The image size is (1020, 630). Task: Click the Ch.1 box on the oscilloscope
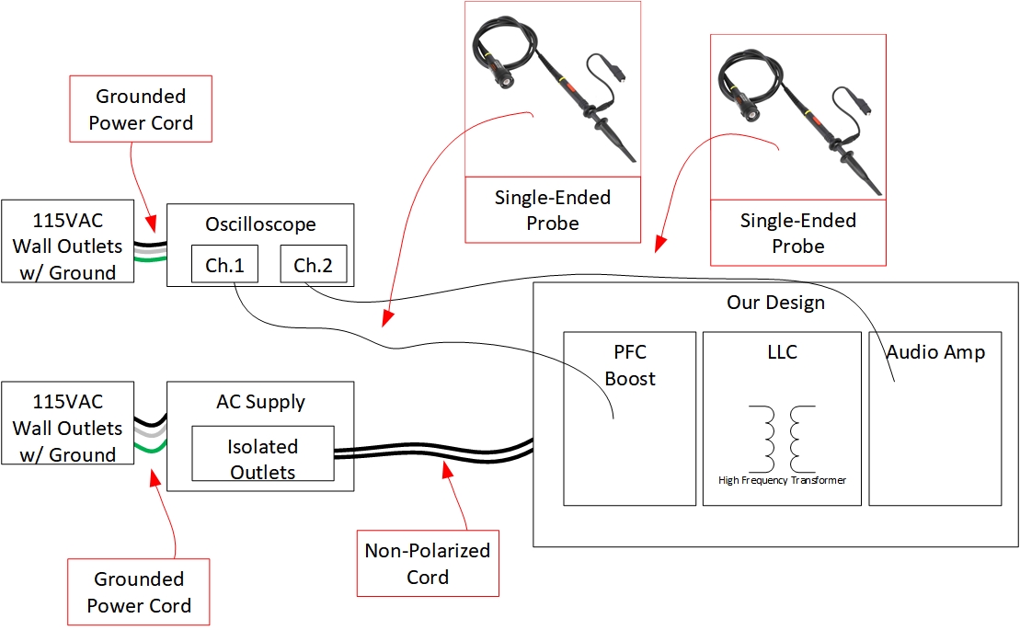click(223, 265)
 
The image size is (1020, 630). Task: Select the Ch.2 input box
click(312, 265)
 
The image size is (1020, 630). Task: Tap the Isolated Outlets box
click(262, 459)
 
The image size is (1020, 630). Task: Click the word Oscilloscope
click(260, 224)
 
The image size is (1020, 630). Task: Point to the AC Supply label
click(260, 402)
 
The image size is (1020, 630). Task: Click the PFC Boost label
click(630, 365)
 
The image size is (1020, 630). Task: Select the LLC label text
click(782, 352)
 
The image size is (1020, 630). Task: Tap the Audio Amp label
click(935, 351)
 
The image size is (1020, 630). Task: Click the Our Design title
click(775, 303)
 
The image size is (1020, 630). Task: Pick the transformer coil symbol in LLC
click(782, 438)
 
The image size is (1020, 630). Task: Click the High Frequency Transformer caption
click(782, 480)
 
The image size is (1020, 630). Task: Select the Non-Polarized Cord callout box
click(428, 564)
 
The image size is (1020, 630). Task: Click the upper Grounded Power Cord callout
click(141, 109)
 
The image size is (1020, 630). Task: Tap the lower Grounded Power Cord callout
click(139, 592)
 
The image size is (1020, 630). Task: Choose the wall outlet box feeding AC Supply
click(67, 428)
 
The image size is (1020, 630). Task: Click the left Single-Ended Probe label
click(553, 210)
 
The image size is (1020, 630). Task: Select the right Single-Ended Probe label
click(798, 233)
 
